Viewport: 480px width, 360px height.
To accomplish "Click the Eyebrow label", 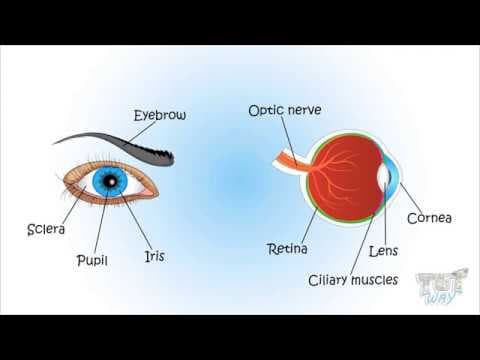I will (160, 115).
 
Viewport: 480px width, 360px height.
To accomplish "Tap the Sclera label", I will (46, 230).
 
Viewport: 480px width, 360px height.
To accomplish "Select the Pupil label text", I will (92, 260).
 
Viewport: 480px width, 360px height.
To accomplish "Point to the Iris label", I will (153, 256).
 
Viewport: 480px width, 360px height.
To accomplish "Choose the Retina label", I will (287, 247).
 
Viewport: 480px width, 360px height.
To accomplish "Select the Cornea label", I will (429, 217).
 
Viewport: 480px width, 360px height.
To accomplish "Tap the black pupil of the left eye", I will (110, 181).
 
